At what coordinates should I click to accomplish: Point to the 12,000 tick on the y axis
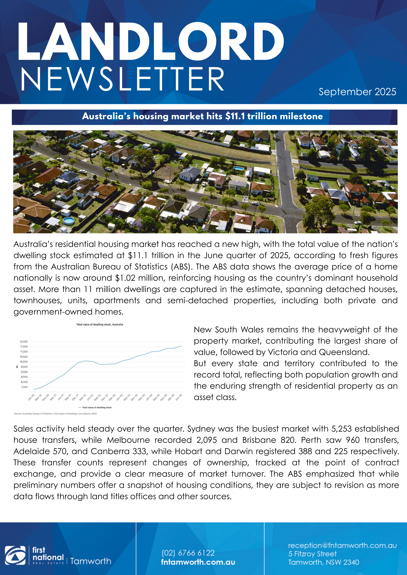pyautogui.click(x=24, y=342)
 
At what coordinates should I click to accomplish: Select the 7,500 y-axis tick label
pyautogui.click(x=25, y=387)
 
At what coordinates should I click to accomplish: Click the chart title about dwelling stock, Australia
pyautogui.click(x=100, y=325)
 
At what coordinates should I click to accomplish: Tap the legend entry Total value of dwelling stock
pyautogui.click(x=97, y=407)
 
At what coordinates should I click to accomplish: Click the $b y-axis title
pyautogui.click(x=17, y=367)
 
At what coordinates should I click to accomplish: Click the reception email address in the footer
pyautogui.click(x=342, y=545)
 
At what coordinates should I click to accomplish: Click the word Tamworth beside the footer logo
pyautogui.click(x=91, y=561)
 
